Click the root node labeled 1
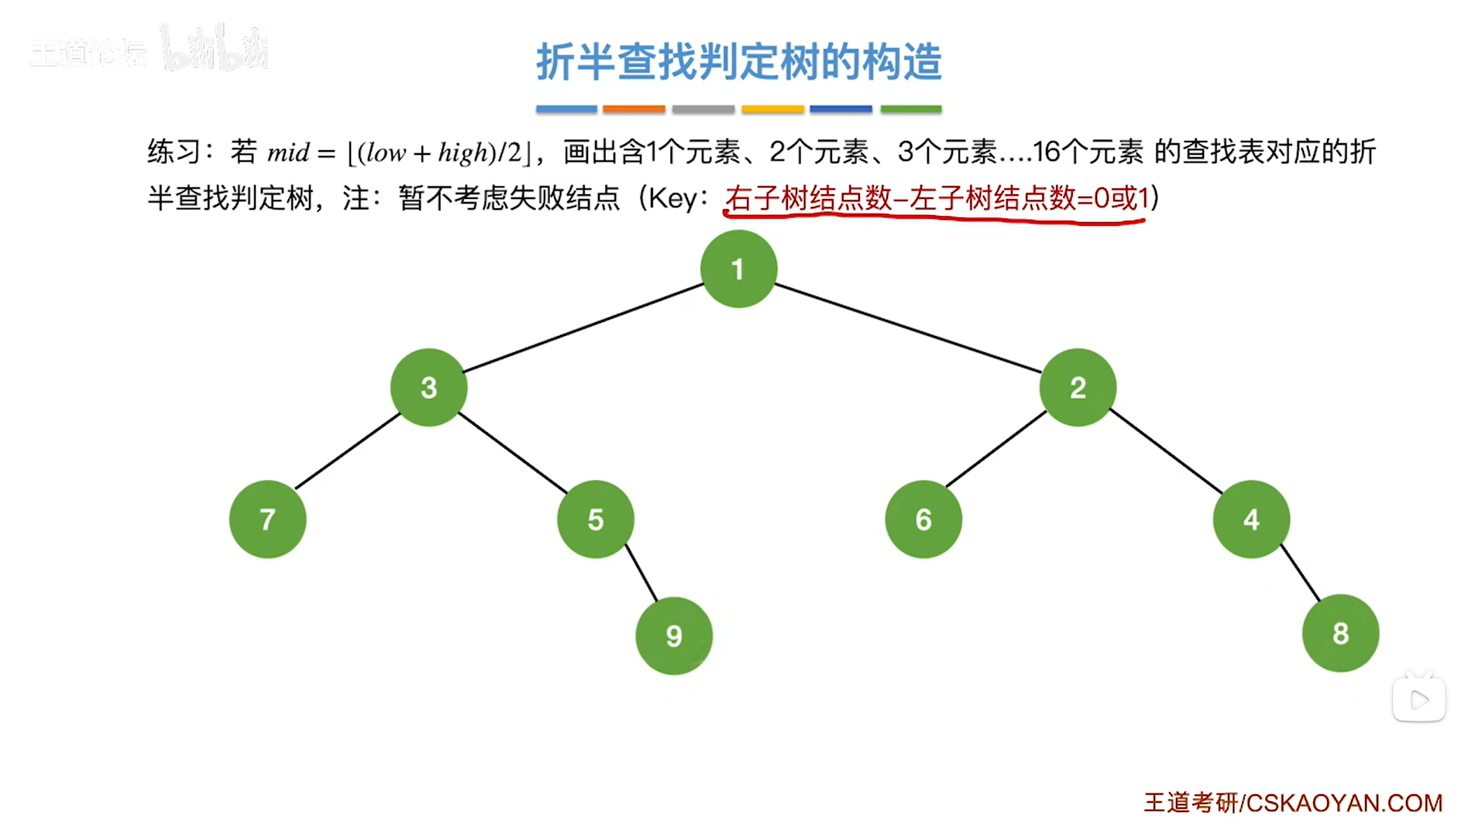point(738,269)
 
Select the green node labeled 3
point(428,387)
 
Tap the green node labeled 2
point(1077,387)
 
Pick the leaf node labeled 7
point(267,519)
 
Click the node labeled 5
point(595,519)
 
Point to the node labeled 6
point(923,519)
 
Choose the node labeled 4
point(1250,519)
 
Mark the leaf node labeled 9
point(673,636)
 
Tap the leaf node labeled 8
point(1339,632)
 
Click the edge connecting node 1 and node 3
point(583,328)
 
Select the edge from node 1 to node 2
point(908,328)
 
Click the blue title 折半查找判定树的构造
point(738,62)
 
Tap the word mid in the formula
point(288,153)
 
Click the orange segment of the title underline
point(634,109)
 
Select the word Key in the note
point(672,198)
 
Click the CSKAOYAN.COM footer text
point(1343,803)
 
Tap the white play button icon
point(1418,700)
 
